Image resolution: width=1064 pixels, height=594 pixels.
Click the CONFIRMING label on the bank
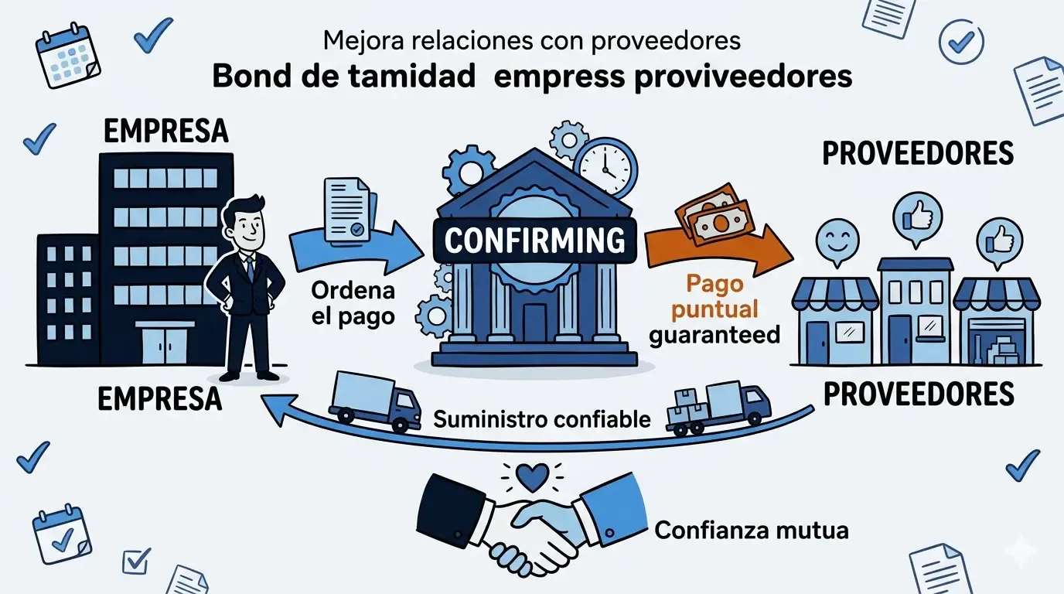click(x=535, y=241)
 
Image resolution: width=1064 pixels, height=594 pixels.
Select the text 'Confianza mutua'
click(x=752, y=531)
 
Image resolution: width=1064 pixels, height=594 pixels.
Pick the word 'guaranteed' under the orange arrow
click(x=714, y=335)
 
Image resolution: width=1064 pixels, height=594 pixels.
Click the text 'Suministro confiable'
click(x=542, y=420)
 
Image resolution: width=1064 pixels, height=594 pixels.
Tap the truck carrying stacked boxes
click(x=719, y=406)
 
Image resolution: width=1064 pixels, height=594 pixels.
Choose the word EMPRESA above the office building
click(x=166, y=131)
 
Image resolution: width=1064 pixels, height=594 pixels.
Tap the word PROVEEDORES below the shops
click(x=918, y=394)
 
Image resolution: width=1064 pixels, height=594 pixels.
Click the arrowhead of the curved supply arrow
click(x=270, y=400)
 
